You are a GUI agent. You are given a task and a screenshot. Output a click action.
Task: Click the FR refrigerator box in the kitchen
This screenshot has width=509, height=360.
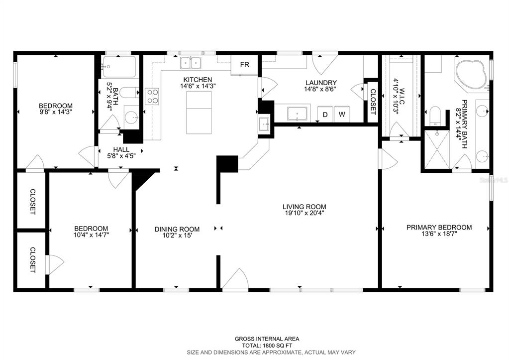tap(244, 65)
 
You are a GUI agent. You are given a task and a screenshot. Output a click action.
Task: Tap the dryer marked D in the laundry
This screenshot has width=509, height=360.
tap(325, 115)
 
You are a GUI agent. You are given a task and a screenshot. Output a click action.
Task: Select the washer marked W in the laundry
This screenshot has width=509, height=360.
tap(342, 115)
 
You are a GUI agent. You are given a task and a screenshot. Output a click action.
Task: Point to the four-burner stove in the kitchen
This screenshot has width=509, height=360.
tap(152, 97)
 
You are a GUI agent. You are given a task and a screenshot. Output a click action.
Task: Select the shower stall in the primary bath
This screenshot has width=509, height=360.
tap(437, 149)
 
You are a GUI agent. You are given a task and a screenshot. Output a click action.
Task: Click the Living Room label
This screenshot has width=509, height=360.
tap(304, 207)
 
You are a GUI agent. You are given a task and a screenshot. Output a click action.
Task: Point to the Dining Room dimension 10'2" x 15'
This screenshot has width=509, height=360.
tap(177, 236)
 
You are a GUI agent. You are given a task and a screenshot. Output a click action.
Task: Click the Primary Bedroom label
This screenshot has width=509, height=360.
tap(439, 228)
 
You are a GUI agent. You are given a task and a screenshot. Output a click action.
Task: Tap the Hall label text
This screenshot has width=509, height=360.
tap(121, 149)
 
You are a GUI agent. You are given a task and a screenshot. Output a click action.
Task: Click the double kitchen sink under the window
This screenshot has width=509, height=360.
tap(191, 63)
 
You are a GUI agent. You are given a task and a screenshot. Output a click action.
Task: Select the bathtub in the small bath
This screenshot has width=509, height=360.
tap(119, 67)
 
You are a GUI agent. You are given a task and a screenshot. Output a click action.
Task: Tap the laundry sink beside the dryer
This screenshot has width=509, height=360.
tap(298, 114)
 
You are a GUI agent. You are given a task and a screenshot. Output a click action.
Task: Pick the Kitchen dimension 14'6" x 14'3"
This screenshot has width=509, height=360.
tap(198, 86)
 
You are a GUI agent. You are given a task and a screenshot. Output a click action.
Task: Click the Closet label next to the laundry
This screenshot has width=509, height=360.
tap(373, 102)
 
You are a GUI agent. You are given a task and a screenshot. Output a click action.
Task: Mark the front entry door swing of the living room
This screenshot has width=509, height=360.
tap(235, 278)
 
